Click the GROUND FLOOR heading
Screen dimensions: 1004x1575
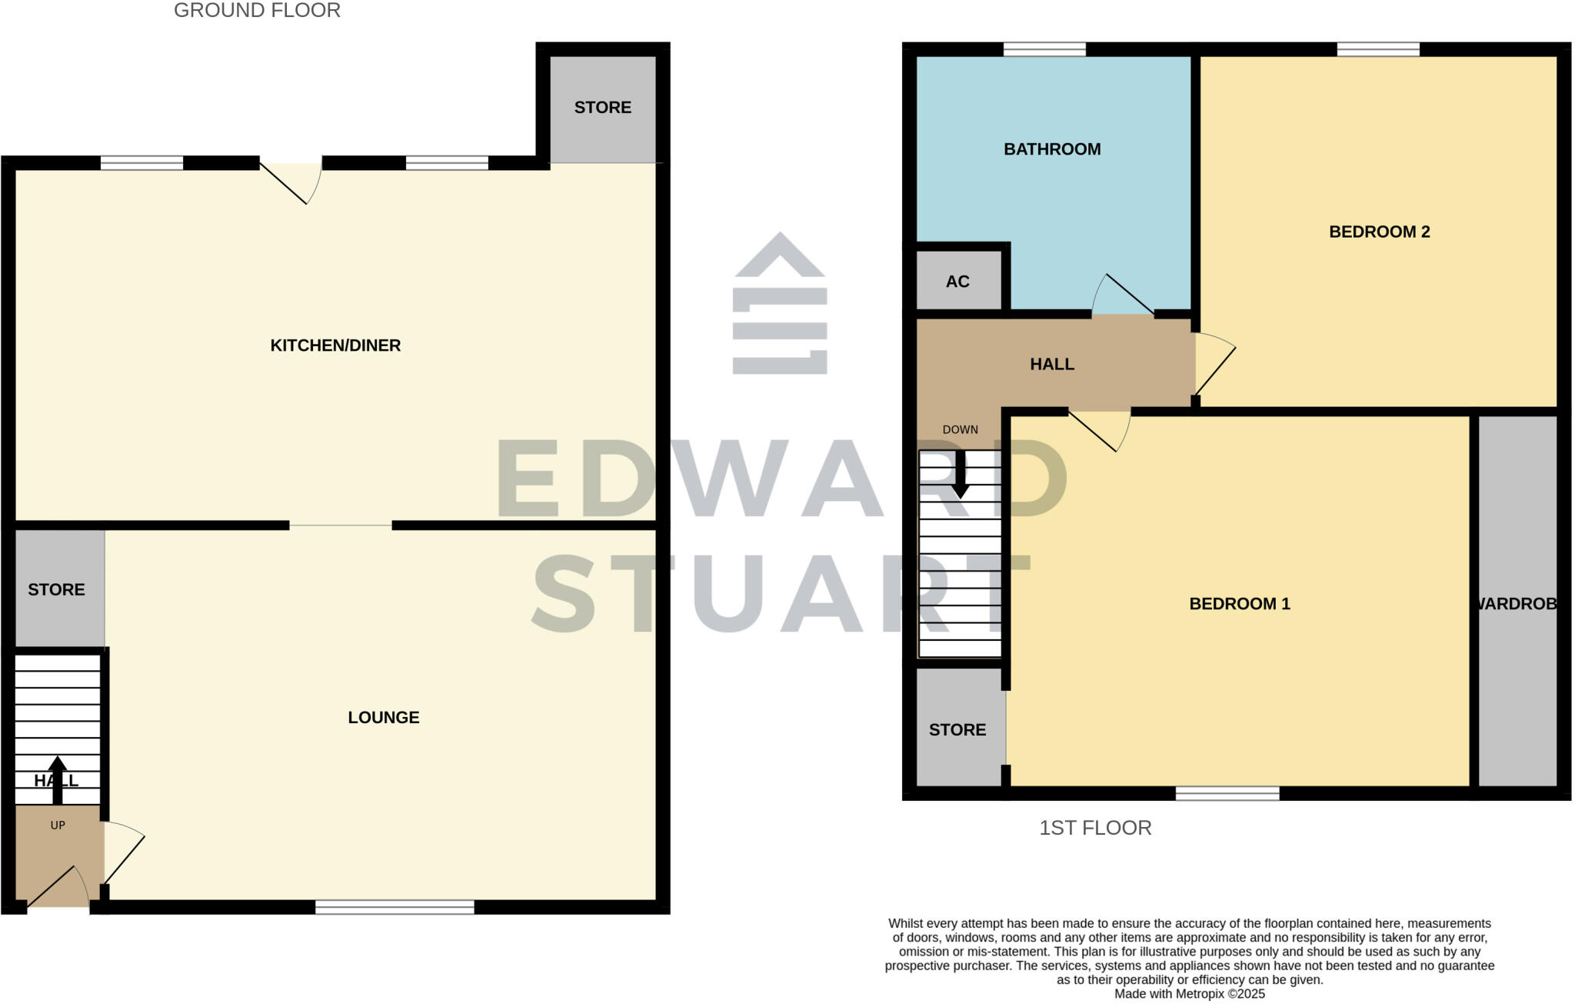257,11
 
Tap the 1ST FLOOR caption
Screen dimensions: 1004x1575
1095,828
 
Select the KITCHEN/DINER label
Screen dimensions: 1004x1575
335,345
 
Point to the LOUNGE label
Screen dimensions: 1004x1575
383,718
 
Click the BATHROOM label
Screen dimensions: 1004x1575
1052,149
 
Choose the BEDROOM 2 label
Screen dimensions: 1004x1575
1379,232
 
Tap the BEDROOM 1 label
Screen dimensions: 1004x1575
1239,604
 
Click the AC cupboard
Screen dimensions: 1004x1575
958,281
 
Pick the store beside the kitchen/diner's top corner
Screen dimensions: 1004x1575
603,108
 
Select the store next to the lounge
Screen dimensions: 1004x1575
57,589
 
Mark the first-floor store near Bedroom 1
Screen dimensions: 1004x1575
958,729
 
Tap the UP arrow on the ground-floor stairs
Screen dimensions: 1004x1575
58,779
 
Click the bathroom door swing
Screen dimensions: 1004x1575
1122,295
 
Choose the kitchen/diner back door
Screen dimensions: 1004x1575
291,182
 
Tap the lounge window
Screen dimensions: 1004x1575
395,907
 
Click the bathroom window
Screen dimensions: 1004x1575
1044,49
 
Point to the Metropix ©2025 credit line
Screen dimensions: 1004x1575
1189,994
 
